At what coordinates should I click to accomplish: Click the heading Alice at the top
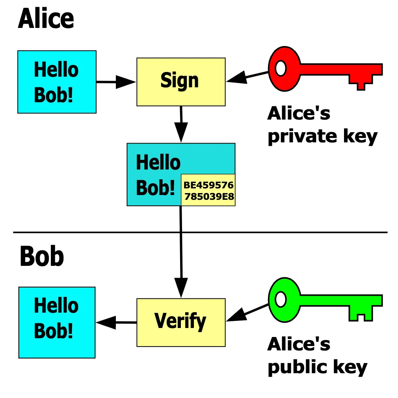pos(46,18)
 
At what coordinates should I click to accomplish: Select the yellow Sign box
pos(181,81)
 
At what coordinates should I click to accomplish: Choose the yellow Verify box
pos(181,322)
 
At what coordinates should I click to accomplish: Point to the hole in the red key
pos(281,68)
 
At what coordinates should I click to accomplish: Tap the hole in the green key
pos(281,300)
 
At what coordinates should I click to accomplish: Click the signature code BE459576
pos(208,185)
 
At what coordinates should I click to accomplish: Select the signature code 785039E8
pos(209,196)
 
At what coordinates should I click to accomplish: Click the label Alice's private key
pos(322,125)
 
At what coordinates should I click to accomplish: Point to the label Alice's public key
pos(317,356)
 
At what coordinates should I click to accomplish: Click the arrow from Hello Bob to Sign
pos(116,82)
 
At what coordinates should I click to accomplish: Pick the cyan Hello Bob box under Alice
pos(57,82)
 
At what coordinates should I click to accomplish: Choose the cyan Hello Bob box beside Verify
pos(57,322)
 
